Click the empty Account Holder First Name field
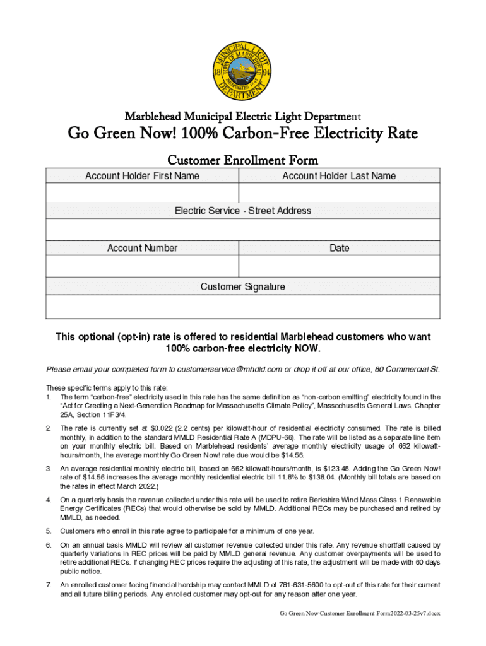click(x=142, y=192)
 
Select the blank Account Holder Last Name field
click(x=339, y=192)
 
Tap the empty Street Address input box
click(x=243, y=230)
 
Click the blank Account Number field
click(x=142, y=267)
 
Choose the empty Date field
click(x=339, y=267)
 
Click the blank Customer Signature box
click(x=243, y=306)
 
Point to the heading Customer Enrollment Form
click(x=243, y=160)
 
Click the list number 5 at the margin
click(x=49, y=531)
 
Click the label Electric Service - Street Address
click(x=243, y=211)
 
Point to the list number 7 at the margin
click(x=49, y=585)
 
